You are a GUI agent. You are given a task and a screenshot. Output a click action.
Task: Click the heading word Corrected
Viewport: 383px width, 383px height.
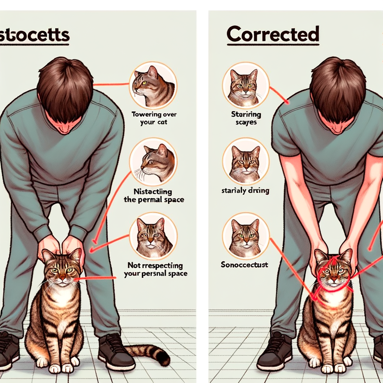click(273, 34)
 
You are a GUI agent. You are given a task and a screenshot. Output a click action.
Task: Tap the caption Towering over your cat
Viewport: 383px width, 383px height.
click(154, 118)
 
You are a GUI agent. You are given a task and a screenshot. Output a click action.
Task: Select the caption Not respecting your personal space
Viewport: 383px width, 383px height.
click(155, 270)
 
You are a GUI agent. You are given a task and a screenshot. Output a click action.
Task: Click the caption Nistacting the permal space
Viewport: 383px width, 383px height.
click(154, 196)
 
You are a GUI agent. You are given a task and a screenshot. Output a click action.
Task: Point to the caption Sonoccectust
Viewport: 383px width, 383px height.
click(245, 265)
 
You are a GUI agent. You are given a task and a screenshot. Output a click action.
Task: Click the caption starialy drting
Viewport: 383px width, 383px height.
click(245, 191)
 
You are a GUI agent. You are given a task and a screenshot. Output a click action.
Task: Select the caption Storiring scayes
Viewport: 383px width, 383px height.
click(246, 118)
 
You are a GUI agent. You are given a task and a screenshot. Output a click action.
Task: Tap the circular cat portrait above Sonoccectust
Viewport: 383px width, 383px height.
click(246, 236)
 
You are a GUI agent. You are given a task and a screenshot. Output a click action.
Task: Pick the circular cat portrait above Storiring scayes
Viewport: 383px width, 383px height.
click(245, 86)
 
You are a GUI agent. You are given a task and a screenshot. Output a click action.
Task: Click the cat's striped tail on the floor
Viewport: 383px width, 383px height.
click(150, 353)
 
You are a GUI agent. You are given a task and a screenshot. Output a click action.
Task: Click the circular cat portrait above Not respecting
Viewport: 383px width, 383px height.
click(153, 236)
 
